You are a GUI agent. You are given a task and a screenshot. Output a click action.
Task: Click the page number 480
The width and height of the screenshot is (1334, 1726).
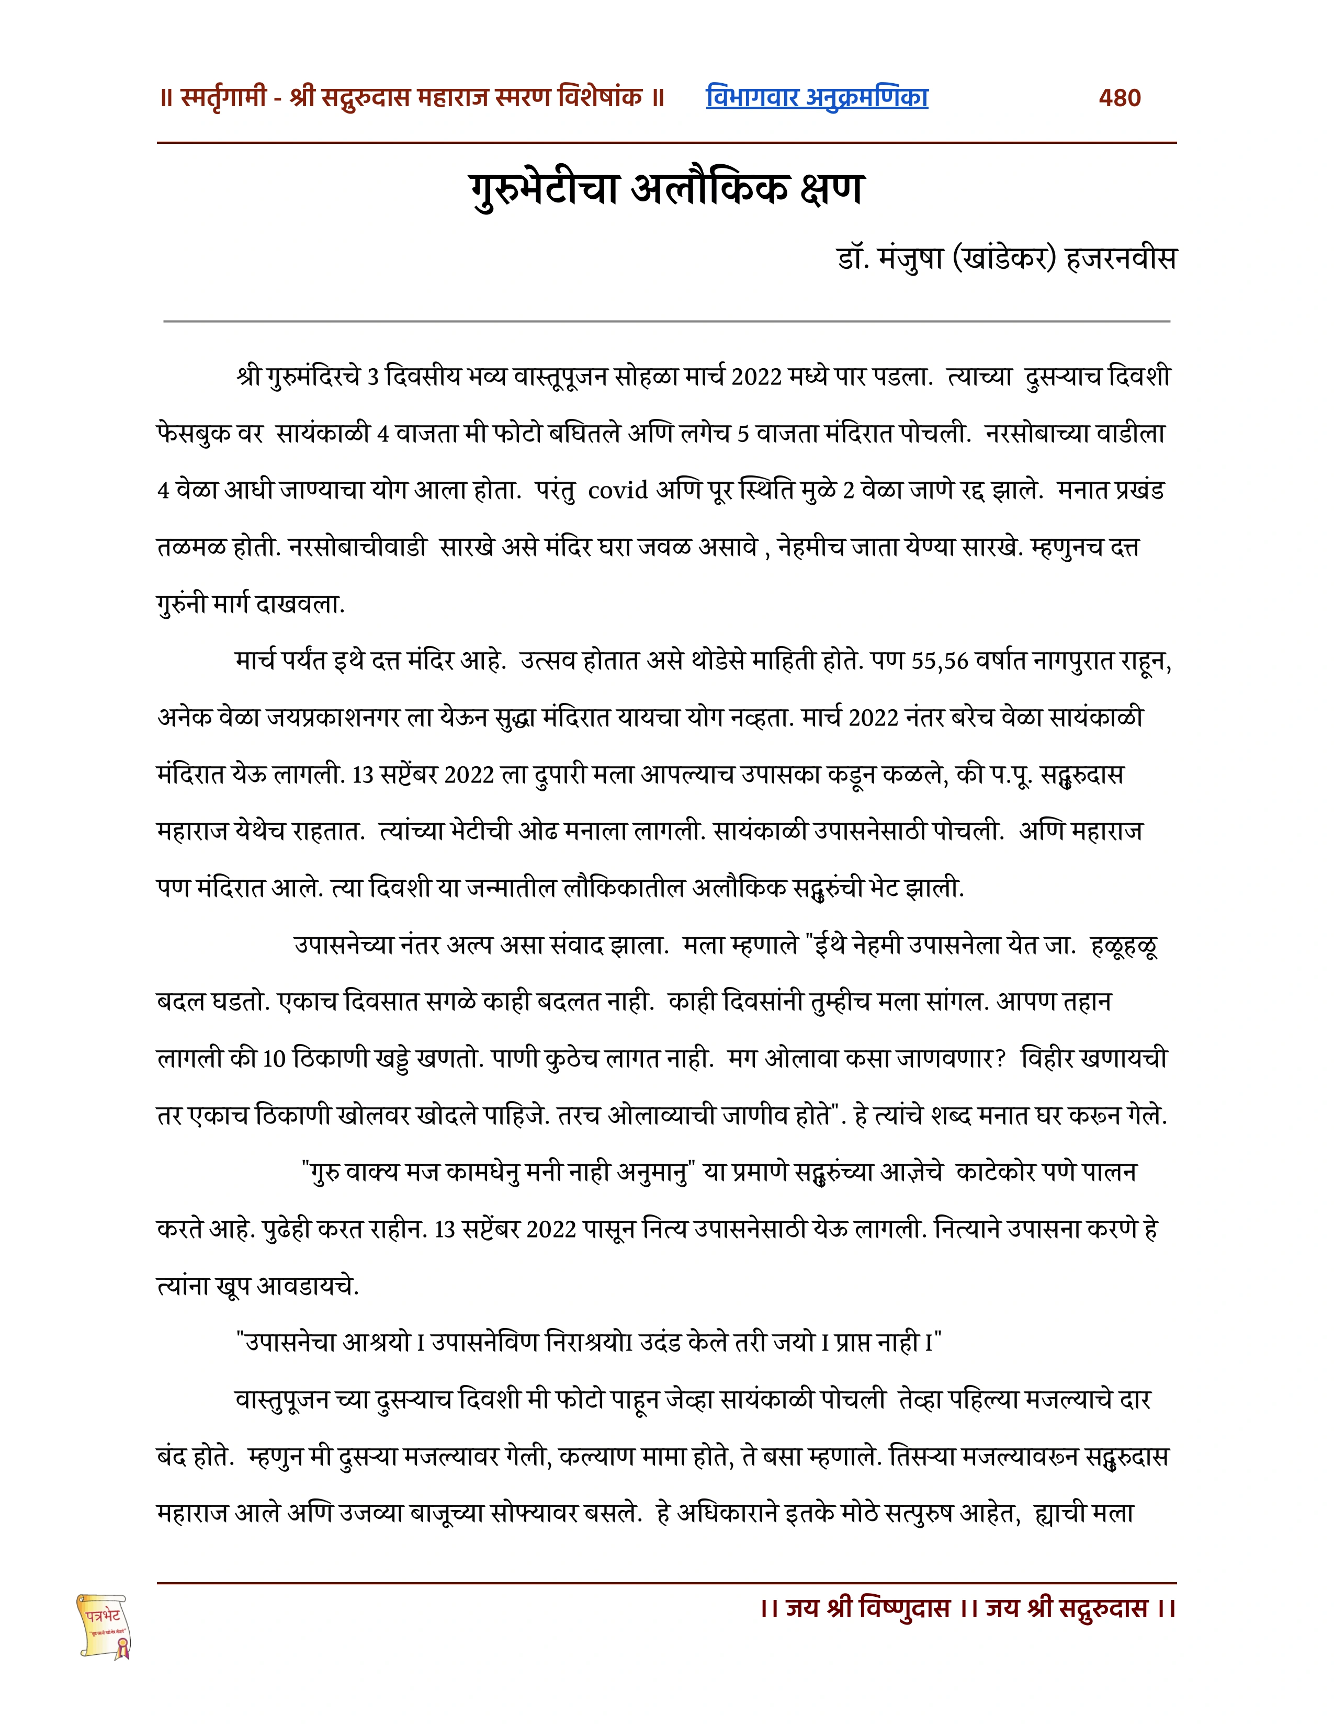tap(1119, 98)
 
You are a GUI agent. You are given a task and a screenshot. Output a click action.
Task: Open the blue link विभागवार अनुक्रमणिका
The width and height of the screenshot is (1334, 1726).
tap(817, 97)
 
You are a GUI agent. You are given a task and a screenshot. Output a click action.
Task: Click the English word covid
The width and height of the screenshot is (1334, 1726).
tap(618, 491)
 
